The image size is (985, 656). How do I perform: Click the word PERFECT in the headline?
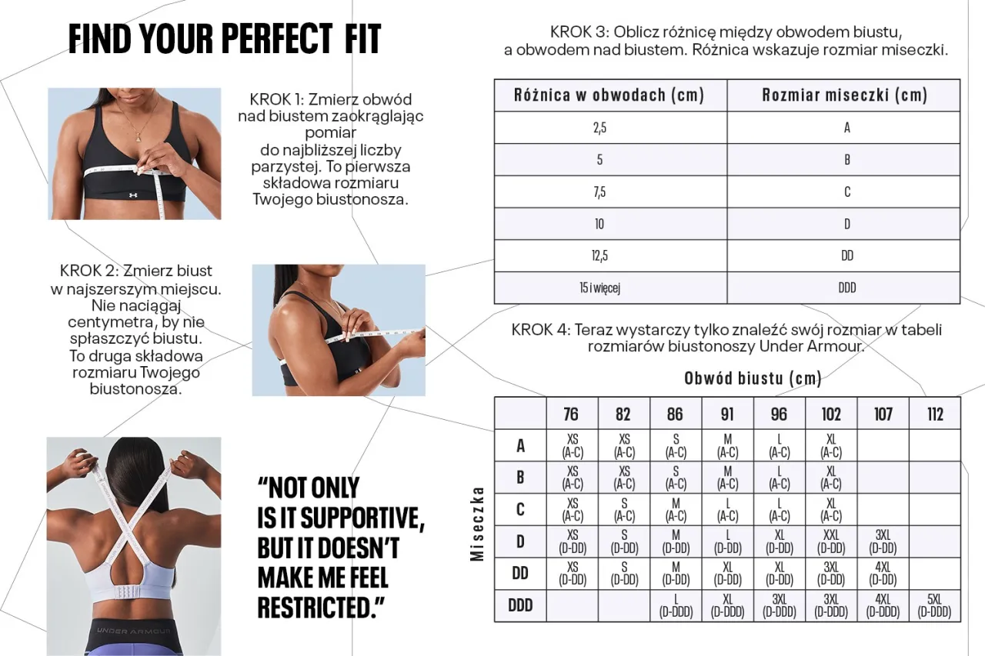[x=277, y=38]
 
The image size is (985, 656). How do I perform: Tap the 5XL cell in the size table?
[x=934, y=605]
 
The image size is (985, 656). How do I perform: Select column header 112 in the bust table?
[x=935, y=414]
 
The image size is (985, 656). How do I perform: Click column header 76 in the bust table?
[x=571, y=414]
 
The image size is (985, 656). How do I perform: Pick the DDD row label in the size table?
[x=520, y=605]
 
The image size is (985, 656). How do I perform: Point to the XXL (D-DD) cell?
[x=831, y=541]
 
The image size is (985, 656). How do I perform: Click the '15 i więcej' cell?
[x=599, y=288]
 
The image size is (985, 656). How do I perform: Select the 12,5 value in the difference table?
[x=599, y=255]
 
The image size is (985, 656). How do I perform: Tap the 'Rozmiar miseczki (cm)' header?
[x=844, y=95]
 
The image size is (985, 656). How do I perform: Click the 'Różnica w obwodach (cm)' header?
[x=609, y=95]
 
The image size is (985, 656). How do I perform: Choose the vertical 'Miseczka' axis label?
[x=477, y=524]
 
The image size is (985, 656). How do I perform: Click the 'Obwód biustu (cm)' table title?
[x=753, y=378]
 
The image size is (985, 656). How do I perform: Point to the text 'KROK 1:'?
[x=276, y=100]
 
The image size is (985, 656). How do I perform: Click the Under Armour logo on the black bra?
[x=133, y=195]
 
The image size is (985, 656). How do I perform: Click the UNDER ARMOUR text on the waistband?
[x=133, y=631]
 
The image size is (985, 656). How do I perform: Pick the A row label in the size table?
[x=520, y=445]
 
